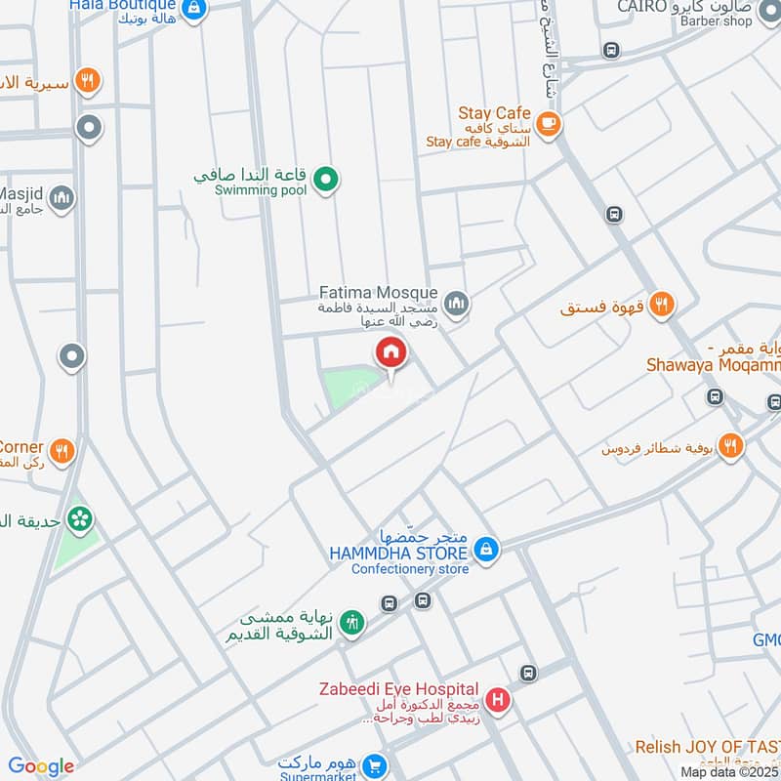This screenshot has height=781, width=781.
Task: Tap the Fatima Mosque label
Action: (379, 293)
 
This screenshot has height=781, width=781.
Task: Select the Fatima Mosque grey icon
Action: (456, 305)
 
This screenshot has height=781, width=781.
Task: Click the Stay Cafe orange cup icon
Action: (550, 123)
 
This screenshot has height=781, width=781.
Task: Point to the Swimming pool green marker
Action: (329, 179)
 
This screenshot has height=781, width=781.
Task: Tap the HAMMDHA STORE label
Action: (398, 553)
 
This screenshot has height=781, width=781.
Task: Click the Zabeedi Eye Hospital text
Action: (398, 690)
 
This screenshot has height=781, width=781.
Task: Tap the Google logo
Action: (41, 766)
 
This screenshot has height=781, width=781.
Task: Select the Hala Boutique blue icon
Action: (195, 7)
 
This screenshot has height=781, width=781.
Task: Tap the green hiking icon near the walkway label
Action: (352, 622)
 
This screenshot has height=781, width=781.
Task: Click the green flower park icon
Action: (79, 518)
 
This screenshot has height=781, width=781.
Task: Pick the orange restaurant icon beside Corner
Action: (62, 450)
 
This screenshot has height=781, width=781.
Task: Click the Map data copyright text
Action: (728, 771)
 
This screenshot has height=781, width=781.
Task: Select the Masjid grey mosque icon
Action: (62, 198)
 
